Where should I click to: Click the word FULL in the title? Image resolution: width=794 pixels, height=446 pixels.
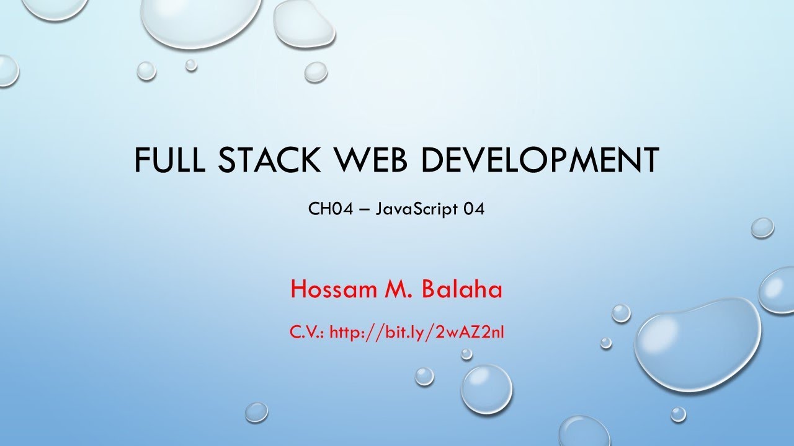click(x=171, y=160)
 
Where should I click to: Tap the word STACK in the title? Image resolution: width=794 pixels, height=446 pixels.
click(x=275, y=160)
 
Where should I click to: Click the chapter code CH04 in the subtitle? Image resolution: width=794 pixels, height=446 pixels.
click(x=328, y=209)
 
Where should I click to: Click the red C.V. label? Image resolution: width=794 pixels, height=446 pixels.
click(x=307, y=333)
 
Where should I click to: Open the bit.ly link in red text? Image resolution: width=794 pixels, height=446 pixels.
click(x=416, y=333)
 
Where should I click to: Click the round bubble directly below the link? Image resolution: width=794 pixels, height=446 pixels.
click(x=486, y=388)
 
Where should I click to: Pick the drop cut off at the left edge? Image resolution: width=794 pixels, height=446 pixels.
click(x=7, y=70)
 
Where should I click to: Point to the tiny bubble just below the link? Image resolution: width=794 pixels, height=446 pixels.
click(x=466, y=354)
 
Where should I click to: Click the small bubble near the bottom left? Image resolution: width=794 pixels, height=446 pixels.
click(x=256, y=411)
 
